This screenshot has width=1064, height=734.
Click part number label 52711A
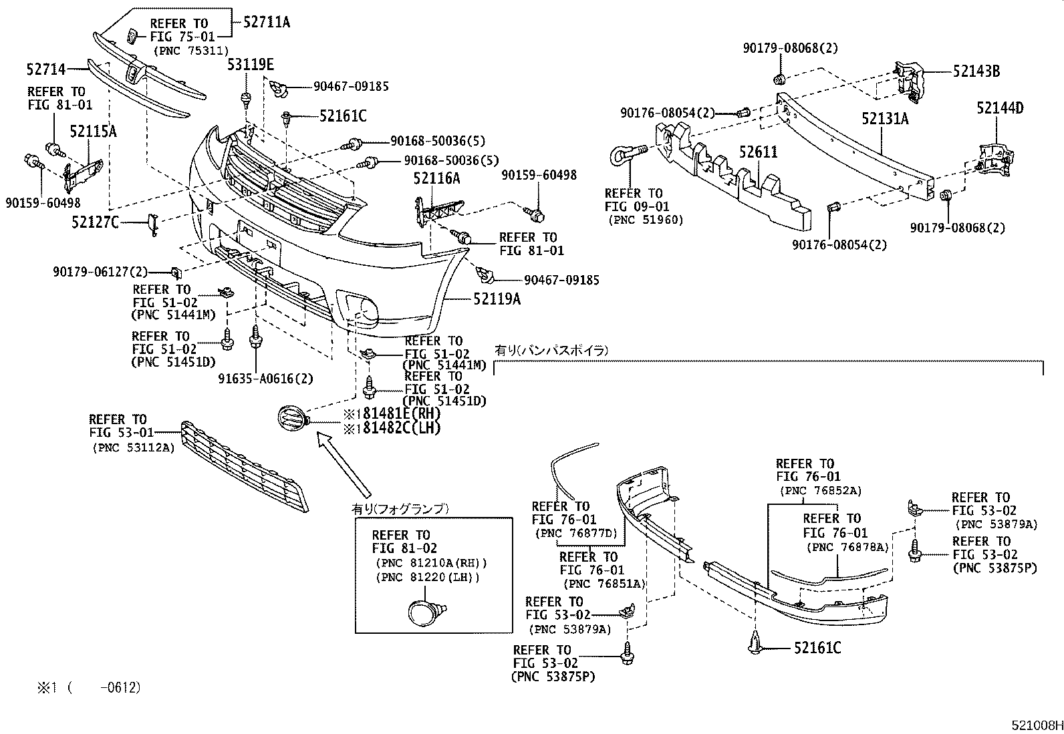tap(267, 22)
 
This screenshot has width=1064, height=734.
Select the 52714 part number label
tap(47, 69)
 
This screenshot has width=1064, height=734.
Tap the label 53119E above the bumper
tap(250, 65)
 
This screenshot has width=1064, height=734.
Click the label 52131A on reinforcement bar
tap(885, 119)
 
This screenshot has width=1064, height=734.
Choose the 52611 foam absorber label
tap(758, 152)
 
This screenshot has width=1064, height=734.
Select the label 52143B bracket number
tap(976, 71)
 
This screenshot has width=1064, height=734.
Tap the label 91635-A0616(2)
tap(265, 379)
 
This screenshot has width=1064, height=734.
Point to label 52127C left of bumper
tap(95, 222)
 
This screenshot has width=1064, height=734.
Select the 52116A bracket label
tap(436, 178)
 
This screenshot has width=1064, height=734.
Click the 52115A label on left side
tap(94, 132)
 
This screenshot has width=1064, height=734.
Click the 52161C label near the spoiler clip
tap(817, 648)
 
